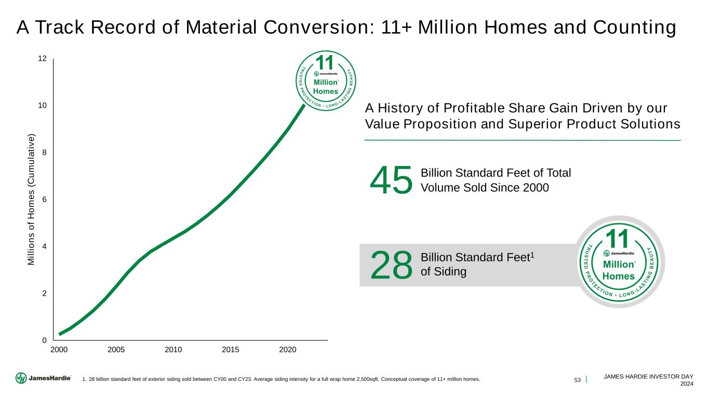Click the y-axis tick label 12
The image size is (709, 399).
(43, 59)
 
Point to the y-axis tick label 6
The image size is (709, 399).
(45, 199)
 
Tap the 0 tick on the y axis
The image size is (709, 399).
(45, 340)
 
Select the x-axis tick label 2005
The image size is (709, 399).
(116, 350)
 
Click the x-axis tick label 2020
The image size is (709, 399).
(287, 350)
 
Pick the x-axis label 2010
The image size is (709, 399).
(173, 350)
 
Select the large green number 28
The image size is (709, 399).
(391, 264)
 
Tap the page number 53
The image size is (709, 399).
(577, 379)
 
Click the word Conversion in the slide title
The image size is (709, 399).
(313, 28)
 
